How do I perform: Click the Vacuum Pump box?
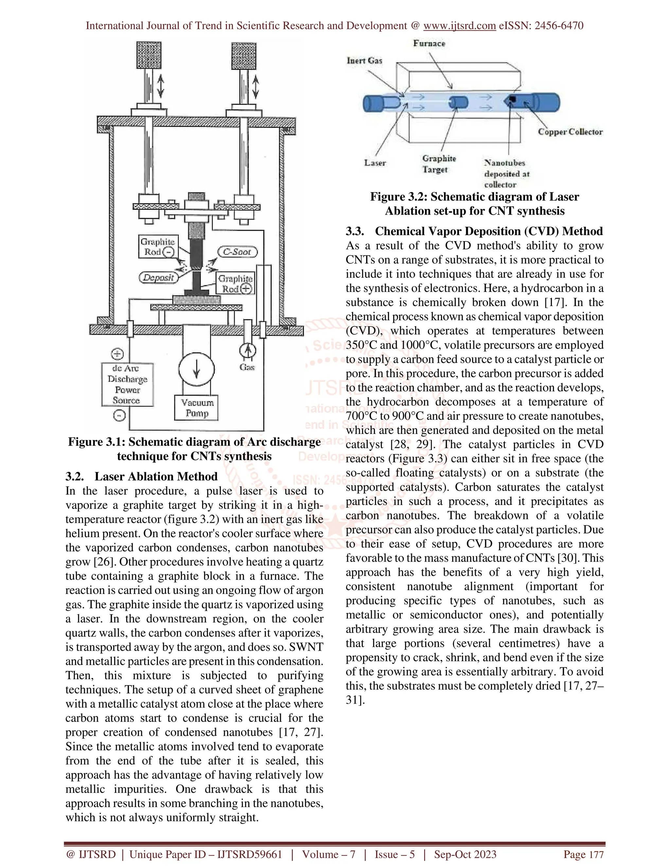pyautogui.click(x=197, y=408)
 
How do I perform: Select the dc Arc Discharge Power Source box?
pyautogui.click(x=127, y=384)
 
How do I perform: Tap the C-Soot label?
pyautogui.click(x=238, y=252)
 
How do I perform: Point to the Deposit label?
pyautogui.click(x=158, y=277)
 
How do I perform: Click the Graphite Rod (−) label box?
pyautogui.click(x=158, y=247)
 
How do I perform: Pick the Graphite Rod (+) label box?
pyautogui.click(x=235, y=283)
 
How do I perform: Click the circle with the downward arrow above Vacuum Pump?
pyautogui.click(x=197, y=369)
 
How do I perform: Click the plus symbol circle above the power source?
pyautogui.click(x=117, y=354)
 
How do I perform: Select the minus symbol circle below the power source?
pyautogui.click(x=119, y=415)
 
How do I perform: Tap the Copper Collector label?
pyautogui.click(x=570, y=132)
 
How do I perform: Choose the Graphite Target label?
pyautogui.click(x=439, y=164)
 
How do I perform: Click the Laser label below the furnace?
pyautogui.click(x=375, y=163)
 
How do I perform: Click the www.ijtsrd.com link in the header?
pyautogui.click(x=459, y=26)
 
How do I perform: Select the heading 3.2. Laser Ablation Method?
pyautogui.click(x=142, y=476)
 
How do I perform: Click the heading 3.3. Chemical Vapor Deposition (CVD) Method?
pyautogui.click(x=474, y=231)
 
